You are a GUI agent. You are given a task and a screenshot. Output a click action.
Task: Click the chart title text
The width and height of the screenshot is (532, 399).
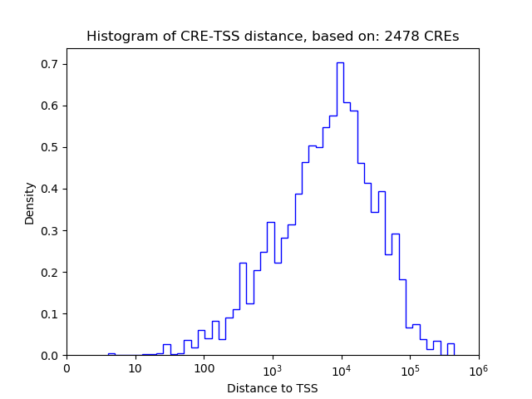pos(272,37)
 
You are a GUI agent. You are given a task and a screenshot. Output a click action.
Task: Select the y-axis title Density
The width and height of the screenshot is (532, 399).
pos(30,203)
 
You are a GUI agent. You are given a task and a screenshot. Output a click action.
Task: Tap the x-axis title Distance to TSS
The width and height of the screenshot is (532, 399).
pos(272,388)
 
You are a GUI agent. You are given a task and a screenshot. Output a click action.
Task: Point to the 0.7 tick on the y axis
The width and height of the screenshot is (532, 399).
pos(51,64)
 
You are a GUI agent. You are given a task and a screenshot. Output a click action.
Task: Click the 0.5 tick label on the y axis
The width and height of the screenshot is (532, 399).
pos(51,147)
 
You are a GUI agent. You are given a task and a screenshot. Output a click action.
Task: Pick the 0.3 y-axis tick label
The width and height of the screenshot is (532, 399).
pos(51,230)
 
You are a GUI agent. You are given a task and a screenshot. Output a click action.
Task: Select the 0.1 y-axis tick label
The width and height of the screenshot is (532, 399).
pos(51,313)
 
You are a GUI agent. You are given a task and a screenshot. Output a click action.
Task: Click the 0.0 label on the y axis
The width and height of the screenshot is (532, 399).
pos(51,355)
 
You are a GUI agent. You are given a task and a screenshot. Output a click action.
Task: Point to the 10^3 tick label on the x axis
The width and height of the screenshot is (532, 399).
pos(273,369)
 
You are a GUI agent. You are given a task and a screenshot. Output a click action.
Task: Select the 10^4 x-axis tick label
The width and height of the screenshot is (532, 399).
pos(341,369)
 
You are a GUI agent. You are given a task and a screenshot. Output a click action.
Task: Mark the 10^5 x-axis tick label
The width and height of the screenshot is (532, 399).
pos(410,369)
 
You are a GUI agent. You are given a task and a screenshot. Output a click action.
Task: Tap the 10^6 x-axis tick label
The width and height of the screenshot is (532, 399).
pos(478,369)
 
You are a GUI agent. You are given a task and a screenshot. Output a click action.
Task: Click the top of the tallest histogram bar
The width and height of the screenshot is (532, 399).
pos(340,62)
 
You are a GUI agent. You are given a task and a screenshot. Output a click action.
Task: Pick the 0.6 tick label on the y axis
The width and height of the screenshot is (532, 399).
pos(51,106)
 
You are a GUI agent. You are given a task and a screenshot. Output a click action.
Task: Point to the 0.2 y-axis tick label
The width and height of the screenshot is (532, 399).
pos(51,272)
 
